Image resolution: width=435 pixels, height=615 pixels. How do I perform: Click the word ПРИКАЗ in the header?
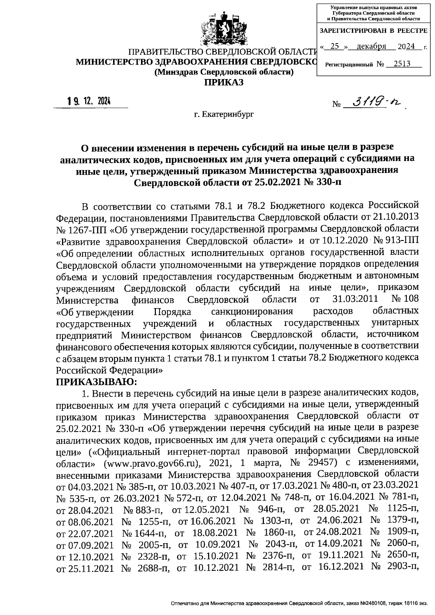click(x=224, y=82)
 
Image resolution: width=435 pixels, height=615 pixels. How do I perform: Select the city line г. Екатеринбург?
click(x=224, y=115)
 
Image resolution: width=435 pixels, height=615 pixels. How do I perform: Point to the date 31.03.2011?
click(x=355, y=300)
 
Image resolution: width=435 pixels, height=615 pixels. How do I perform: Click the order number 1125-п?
click(x=403, y=509)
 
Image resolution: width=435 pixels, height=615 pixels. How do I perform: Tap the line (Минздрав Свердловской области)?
click(x=224, y=72)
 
